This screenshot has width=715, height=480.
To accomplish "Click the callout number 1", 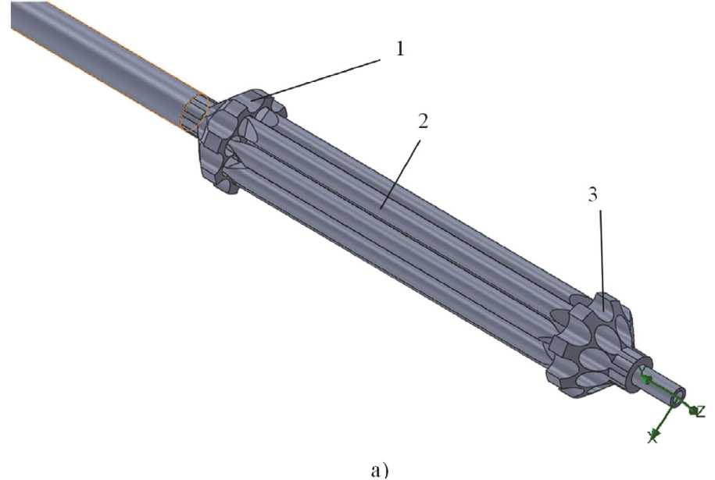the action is click(399, 48).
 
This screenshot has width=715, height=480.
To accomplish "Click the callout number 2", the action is click(423, 120).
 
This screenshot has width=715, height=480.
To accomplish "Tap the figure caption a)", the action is click(381, 470).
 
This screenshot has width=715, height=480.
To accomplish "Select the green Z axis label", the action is click(701, 411).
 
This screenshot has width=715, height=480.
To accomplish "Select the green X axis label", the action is click(652, 438).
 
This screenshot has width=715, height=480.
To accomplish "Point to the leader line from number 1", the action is click(316, 78).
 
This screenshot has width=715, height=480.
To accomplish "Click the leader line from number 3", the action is click(602, 261).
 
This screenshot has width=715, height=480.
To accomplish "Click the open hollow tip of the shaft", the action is click(678, 396).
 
